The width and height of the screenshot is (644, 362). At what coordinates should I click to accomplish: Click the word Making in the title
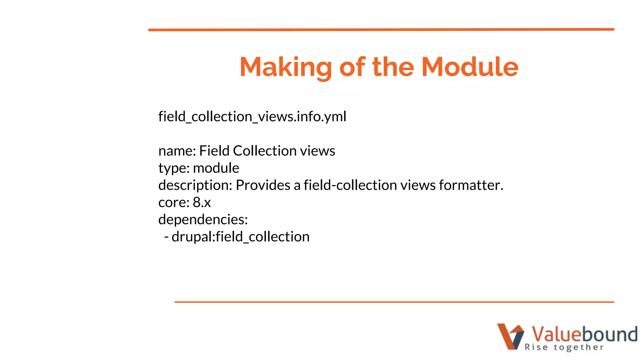(286, 67)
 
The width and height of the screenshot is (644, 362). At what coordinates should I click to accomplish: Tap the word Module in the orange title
(470, 67)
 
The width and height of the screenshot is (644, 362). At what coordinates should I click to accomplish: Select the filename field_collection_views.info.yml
(252, 117)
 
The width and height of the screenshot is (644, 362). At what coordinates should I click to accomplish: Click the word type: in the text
(174, 168)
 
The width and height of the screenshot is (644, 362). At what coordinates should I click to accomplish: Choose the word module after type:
(216, 168)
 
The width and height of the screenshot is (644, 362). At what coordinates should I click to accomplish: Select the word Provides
(263, 185)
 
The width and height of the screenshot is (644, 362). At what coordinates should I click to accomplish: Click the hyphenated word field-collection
(350, 185)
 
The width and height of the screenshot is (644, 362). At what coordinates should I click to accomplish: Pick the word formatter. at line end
(471, 185)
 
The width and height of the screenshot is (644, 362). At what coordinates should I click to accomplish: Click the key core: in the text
(174, 202)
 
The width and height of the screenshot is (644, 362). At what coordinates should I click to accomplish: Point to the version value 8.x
(202, 202)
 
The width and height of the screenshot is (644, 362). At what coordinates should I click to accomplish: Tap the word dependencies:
(203, 220)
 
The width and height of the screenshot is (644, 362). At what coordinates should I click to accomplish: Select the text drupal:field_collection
(241, 237)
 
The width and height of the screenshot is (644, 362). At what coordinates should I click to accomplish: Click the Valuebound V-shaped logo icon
(510, 336)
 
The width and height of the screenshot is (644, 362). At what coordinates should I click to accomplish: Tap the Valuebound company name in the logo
(584, 334)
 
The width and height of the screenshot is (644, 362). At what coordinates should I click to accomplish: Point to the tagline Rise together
(564, 347)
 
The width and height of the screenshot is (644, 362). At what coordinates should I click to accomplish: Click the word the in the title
(393, 67)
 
